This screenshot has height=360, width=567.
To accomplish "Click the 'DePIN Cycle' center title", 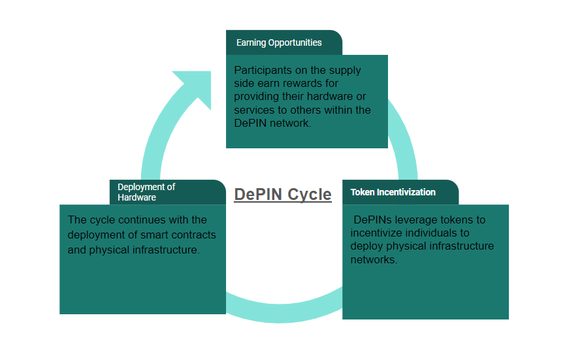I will pyautogui.click(x=282, y=194).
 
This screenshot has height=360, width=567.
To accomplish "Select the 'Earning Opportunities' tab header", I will pyautogui.click(x=280, y=42).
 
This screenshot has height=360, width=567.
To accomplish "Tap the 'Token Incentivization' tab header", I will pyautogui.click(x=393, y=192).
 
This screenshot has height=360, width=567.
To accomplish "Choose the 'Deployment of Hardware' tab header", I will pyautogui.click(x=146, y=192).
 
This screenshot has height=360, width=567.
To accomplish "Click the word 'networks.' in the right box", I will pyautogui.click(x=374, y=259).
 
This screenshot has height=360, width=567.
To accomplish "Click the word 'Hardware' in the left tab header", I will pyautogui.click(x=137, y=197).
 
